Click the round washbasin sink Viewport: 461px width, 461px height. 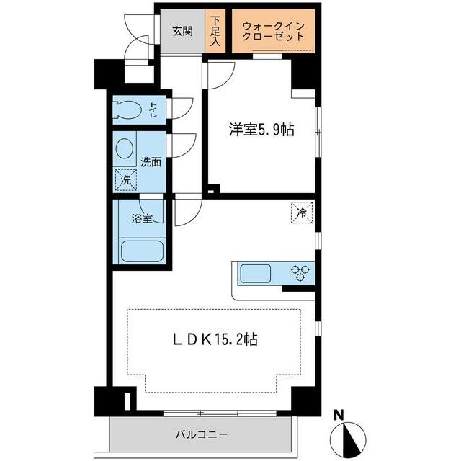125,150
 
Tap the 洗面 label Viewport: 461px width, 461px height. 151,162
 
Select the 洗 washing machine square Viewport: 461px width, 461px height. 125,179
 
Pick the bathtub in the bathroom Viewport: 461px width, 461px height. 142,253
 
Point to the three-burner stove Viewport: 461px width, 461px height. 300,272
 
